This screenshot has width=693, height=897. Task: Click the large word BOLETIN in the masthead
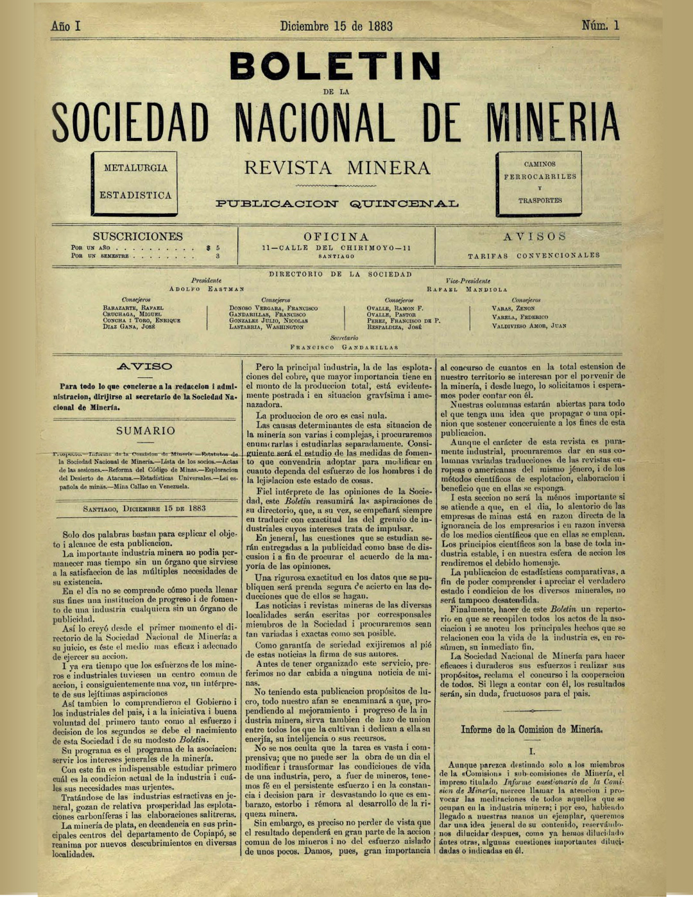point(335,67)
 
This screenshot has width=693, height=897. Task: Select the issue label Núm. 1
point(601,26)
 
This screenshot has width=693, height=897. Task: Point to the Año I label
point(65,26)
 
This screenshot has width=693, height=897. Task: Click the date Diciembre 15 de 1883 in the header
point(336,26)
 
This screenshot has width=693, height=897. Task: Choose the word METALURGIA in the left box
point(135,168)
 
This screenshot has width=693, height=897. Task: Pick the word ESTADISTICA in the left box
point(135,195)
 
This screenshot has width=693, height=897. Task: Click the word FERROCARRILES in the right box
point(540,176)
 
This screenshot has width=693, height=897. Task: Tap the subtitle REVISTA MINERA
point(337,168)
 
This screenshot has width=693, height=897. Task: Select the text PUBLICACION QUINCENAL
point(337,204)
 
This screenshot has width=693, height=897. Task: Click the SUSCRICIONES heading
point(137,236)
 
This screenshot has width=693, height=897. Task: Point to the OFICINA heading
point(336,237)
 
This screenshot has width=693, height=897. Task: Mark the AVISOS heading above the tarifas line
point(535,237)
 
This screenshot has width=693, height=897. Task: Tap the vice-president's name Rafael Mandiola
point(466,289)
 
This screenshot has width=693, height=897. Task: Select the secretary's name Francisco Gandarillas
point(344,347)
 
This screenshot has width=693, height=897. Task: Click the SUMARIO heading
point(146,431)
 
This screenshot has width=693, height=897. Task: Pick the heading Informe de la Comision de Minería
point(531,730)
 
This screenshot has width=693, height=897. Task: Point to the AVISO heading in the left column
point(146,366)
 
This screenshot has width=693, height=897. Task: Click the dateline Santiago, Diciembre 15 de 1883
point(144,508)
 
